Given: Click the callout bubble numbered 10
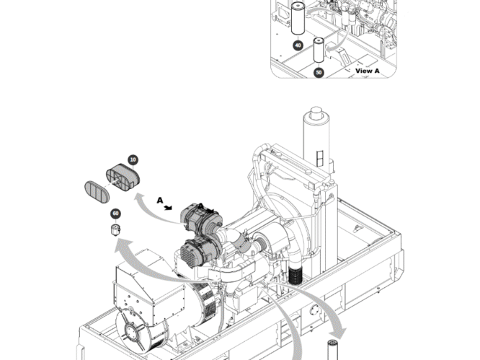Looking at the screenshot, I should (x=133, y=159).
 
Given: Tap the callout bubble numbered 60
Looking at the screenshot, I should (x=115, y=213).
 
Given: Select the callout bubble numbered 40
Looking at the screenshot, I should (x=298, y=45).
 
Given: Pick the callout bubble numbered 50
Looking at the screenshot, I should (x=319, y=72).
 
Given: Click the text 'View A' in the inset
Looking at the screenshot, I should (x=367, y=71).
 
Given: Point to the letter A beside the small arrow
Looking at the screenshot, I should (x=160, y=200).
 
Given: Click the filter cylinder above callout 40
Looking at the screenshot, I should (x=297, y=19).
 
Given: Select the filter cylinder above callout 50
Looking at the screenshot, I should (x=319, y=52).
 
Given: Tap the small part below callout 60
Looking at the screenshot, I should (x=114, y=229).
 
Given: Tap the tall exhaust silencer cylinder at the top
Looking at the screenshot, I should (x=316, y=141).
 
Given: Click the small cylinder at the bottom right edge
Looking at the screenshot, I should (x=333, y=348).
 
